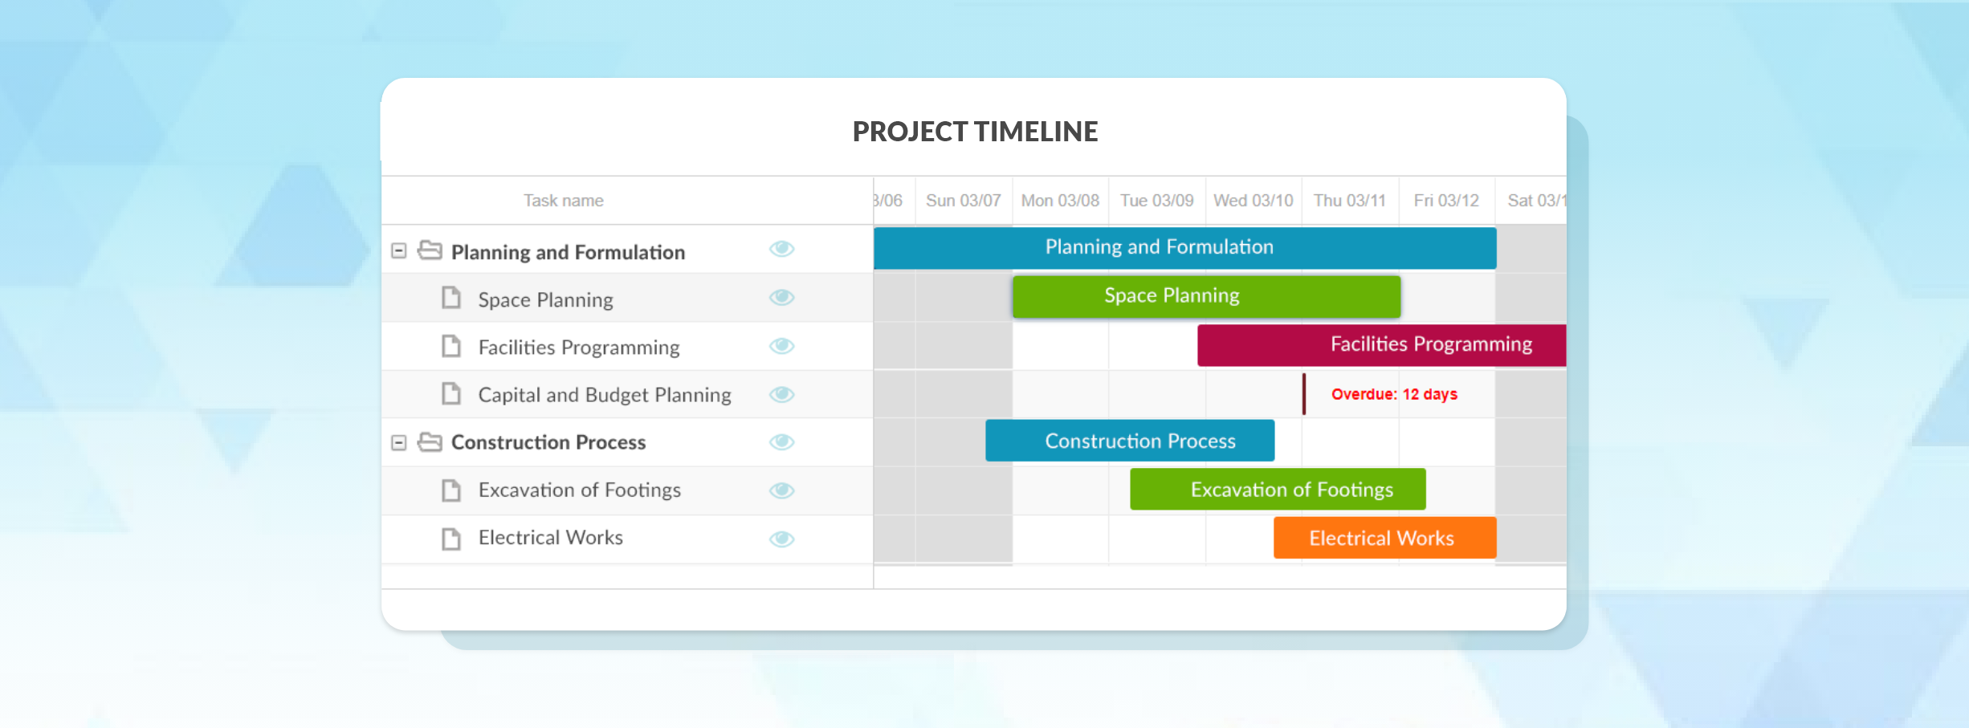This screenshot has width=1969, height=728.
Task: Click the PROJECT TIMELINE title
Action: point(974,132)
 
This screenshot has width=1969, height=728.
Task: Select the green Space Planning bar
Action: point(1205,296)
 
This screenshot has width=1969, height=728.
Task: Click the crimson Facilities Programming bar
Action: point(1381,345)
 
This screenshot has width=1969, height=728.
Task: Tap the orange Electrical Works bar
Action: point(1384,538)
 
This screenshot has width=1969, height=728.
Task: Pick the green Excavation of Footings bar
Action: point(1277,490)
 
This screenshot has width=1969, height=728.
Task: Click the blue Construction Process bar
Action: point(1129,441)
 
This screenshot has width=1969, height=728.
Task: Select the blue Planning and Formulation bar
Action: point(1184,248)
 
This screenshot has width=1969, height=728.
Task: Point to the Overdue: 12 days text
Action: point(1394,394)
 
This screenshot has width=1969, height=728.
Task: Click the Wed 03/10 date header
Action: point(1253,201)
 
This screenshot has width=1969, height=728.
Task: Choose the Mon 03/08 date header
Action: point(1060,201)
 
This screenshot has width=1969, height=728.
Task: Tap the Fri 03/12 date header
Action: point(1445,201)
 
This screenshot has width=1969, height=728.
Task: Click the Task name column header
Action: point(563,201)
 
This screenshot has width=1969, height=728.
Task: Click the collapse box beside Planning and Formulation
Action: point(398,251)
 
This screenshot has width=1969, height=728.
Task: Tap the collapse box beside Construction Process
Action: point(398,442)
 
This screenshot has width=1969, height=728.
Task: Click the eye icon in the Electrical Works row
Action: point(781,539)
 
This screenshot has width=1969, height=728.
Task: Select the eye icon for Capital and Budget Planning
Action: point(781,394)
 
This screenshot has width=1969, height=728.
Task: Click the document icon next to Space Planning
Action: point(451,299)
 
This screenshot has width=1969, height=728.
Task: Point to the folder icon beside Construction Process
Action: point(430,442)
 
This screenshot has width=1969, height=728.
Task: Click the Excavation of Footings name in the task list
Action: point(579,490)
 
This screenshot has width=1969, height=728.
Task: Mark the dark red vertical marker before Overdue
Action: point(1303,394)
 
